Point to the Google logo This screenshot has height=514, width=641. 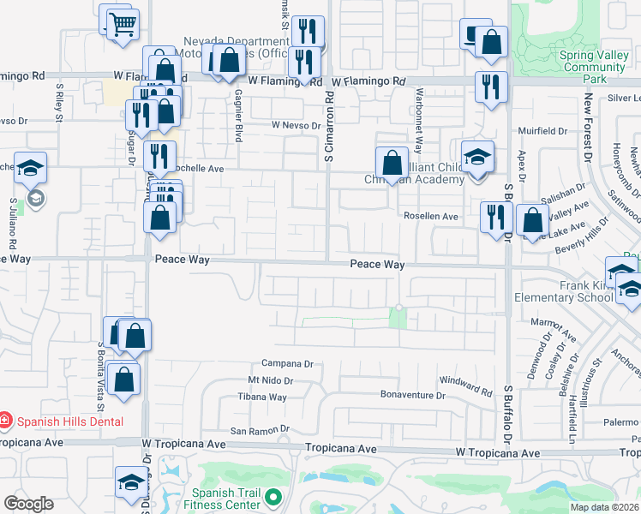click(28, 503)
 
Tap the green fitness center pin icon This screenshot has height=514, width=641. click(273, 497)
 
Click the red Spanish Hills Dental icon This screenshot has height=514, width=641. click(6, 421)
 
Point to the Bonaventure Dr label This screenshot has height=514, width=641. click(413, 396)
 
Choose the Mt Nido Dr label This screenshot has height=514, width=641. click(271, 380)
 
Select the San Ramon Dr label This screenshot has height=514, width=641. click(261, 430)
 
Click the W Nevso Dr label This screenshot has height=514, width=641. click(296, 125)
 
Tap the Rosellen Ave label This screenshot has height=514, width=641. click(431, 217)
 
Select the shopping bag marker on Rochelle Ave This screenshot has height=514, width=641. click(392, 162)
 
